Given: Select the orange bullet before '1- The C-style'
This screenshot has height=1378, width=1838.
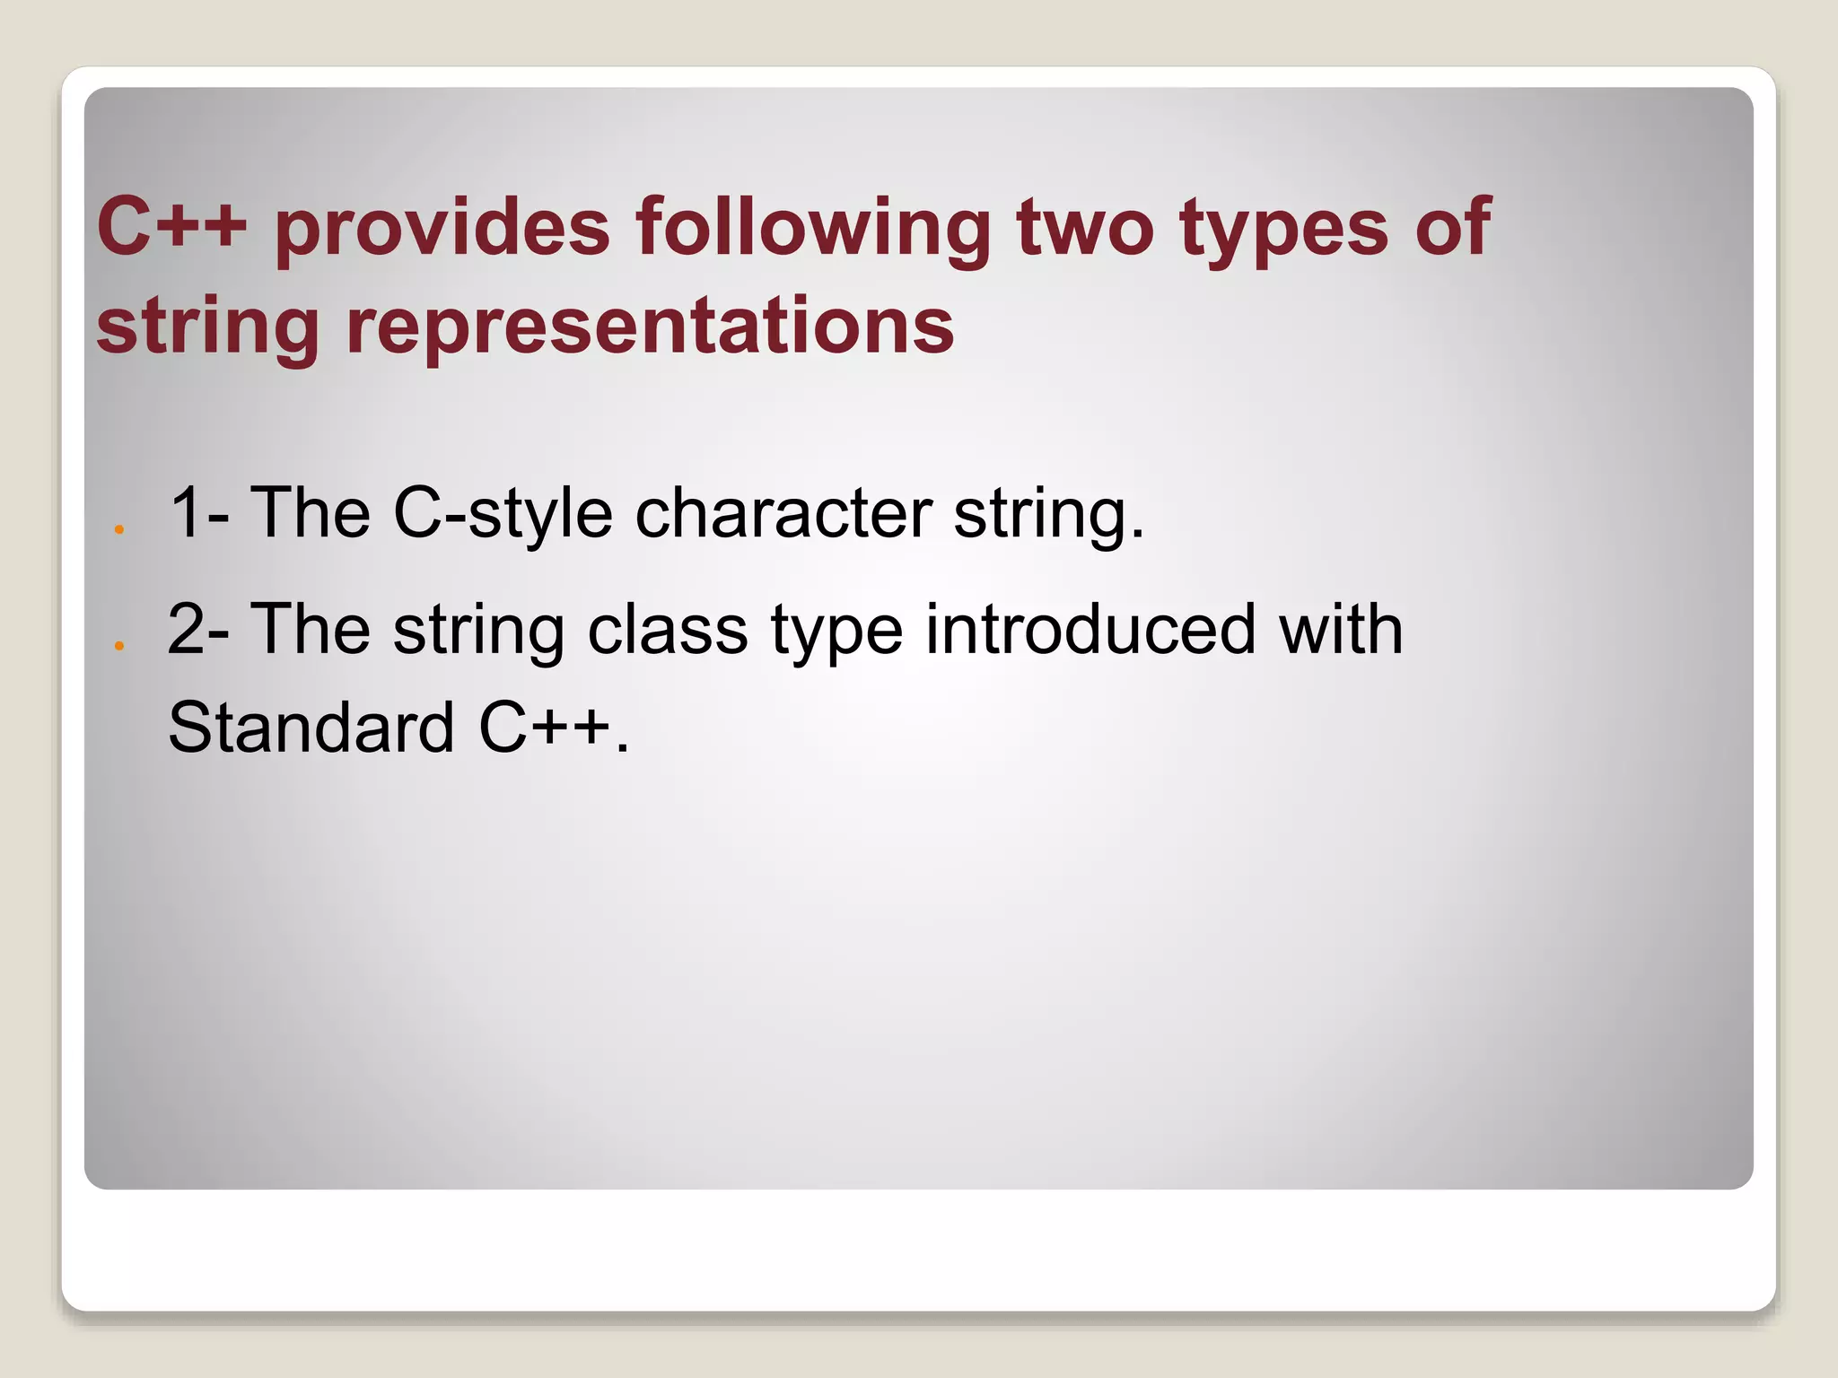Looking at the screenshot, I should coord(118,529).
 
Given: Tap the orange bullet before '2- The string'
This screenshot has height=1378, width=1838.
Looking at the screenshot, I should coord(118,645).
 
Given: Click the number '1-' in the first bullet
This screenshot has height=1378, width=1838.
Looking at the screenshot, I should coord(198,513).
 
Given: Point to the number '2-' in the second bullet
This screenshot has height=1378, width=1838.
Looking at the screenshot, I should coord(198,629).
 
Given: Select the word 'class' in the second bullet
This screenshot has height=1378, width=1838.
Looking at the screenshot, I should coord(668,629).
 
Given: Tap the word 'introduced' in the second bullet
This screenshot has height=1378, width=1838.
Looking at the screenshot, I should coord(1090,629).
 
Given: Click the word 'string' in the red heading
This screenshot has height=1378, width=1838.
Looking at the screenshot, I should coord(207,328).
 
